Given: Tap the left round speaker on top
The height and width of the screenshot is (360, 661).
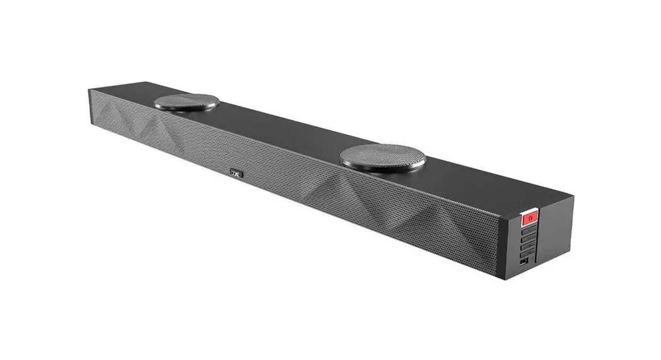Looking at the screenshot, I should [x=187, y=102].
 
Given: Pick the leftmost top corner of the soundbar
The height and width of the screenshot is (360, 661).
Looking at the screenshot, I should [x=88, y=90].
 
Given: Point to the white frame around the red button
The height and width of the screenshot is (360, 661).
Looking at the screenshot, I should [x=530, y=212].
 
